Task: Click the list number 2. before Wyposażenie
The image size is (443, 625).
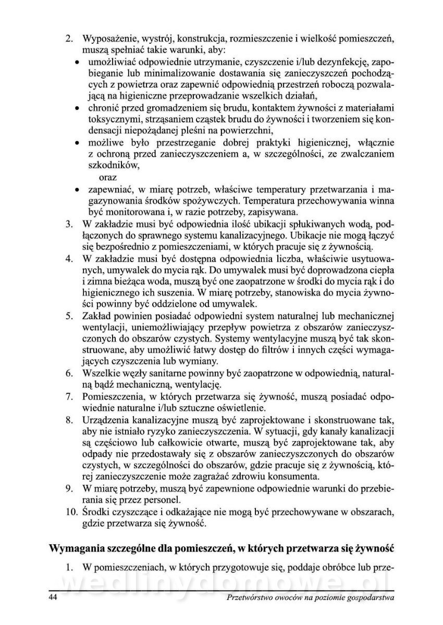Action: click(68, 39)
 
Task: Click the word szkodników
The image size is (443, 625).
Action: click(113, 166)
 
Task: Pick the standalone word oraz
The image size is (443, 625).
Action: click(108, 177)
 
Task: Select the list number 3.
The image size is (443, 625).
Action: click(68, 224)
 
